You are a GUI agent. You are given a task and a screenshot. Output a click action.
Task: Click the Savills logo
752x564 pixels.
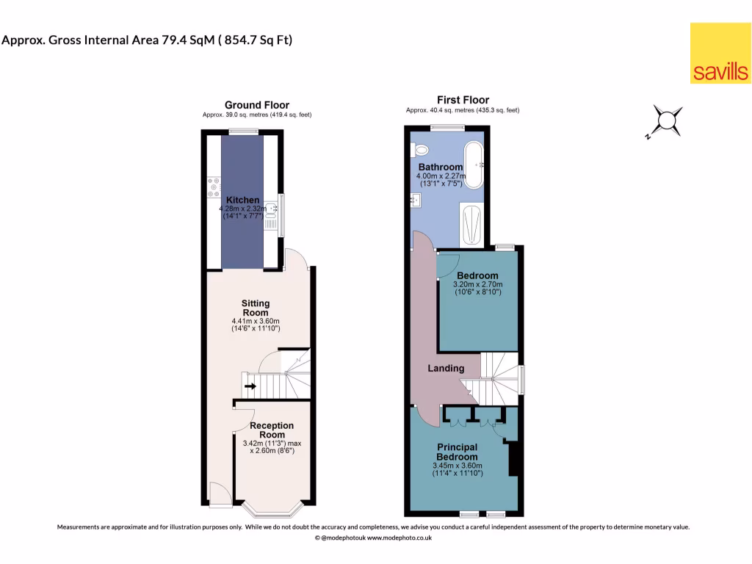[720, 53]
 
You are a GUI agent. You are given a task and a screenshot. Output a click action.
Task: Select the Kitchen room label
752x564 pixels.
[242, 200]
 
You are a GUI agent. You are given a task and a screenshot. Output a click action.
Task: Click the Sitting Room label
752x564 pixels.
[256, 308]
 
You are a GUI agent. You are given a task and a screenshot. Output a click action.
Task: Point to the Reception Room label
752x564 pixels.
[271, 430]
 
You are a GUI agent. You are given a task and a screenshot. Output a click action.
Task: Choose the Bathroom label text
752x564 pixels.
[441, 167]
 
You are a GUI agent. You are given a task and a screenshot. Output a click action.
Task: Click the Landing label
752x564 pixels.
[446, 368]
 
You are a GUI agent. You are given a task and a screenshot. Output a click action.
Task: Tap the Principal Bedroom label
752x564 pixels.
[457, 452]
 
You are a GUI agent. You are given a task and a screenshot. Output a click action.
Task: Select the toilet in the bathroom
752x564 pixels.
[421, 150]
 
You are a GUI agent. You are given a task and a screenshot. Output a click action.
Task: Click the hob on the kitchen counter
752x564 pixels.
[214, 187]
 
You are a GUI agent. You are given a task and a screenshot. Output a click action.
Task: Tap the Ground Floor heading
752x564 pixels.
[256, 105]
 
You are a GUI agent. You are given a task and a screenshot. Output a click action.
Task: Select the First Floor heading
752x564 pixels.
[463, 100]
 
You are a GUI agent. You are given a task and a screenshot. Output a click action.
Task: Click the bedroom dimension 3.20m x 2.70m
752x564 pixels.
[478, 285]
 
